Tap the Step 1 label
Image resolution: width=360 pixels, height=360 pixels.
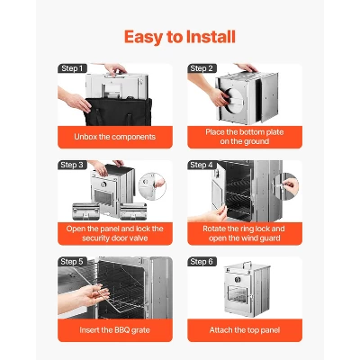(x=72, y=68)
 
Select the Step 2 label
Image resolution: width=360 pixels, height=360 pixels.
(x=201, y=68)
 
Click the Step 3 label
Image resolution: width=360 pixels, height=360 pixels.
(x=72, y=165)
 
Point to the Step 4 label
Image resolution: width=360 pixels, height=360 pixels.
(x=201, y=165)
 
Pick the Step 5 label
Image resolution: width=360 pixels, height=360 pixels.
(x=72, y=261)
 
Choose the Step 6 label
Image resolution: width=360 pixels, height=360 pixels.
(x=201, y=261)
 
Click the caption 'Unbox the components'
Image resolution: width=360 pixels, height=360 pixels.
(x=114, y=137)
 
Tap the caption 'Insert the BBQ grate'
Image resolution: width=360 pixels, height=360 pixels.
(x=114, y=329)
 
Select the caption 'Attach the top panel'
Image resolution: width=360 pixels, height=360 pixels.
(x=243, y=329)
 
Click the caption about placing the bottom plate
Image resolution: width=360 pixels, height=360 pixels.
(x=243, y=136)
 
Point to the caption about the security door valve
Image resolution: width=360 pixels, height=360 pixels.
(x=114, y=233)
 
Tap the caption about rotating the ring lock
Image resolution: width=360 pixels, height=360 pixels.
(x=243, y=233)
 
